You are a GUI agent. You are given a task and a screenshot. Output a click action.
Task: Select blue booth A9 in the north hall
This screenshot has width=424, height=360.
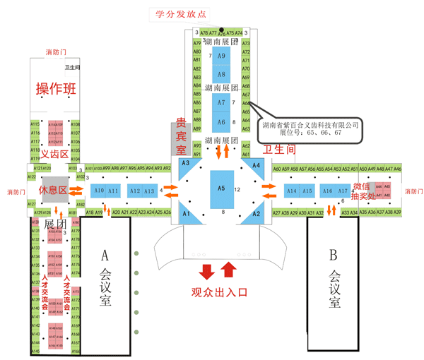point(221,56)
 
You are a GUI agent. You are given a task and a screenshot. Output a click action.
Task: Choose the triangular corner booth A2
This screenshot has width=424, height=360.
point(256,212)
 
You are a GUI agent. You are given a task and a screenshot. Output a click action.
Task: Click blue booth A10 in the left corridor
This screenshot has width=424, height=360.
point(98,191)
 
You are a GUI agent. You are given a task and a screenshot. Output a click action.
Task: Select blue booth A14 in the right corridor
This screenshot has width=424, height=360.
point(291,191)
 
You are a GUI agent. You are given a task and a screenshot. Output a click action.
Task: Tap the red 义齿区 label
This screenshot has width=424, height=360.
point(54,154)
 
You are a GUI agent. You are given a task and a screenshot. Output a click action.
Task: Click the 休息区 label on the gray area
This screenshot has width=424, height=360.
point(52,191)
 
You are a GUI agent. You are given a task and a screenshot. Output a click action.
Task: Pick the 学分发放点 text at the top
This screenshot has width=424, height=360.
point(183,13)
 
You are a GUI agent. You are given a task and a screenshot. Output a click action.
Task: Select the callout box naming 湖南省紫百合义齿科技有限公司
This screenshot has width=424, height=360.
point(311,128)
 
